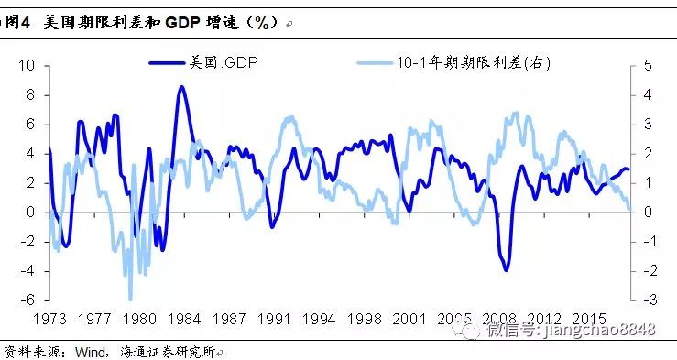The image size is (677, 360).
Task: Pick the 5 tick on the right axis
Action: (648, 66)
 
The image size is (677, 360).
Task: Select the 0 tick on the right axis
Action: (648, 213)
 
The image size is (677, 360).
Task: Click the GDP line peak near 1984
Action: (181, 87)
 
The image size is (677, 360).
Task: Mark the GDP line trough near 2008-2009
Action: (507, 269)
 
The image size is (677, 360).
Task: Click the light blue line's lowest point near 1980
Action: (130, 299)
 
